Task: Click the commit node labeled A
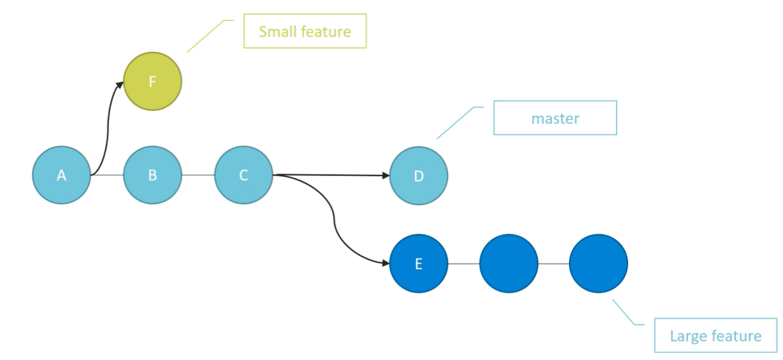[62, 175]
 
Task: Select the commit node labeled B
[152, 175]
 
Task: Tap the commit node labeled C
[244, 175]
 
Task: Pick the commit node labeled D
[419, 176]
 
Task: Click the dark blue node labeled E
[419, 264]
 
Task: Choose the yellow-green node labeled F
[152, 82]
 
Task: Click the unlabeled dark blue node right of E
[509, 264]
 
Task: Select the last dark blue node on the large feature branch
[598, 264]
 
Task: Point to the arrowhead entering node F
[119, 85]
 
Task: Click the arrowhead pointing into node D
[386, 175]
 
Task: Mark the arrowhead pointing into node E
[386, 263]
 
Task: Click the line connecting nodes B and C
[198, 175]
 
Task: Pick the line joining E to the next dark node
[464, 264]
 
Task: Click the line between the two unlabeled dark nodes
[554, 264]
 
